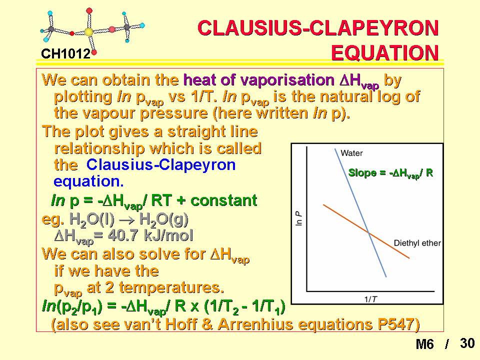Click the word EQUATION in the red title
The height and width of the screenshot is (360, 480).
[385, 52]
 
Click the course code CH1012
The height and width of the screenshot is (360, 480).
[65, 54]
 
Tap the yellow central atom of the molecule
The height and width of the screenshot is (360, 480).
[89, 32]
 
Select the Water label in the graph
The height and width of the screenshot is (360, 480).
[351, 153]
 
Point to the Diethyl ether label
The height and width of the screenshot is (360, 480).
[417, 243]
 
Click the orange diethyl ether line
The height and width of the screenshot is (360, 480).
[366, 231]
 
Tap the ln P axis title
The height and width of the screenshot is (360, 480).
[299, 218]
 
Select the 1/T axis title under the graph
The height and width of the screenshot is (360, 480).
[370, 299]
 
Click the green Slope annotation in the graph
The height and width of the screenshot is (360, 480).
[390, 173]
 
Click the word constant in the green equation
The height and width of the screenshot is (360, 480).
[224, 201]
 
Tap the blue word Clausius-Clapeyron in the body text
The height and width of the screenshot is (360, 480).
[161, 164]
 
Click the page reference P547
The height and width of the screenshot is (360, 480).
[396, 324]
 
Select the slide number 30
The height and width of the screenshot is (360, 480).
[467, 343]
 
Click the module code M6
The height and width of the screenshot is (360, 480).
[424, 344]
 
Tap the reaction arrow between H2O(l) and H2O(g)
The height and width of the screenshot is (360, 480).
[126, 220]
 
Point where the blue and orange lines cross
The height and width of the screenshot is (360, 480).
[369, 233]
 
